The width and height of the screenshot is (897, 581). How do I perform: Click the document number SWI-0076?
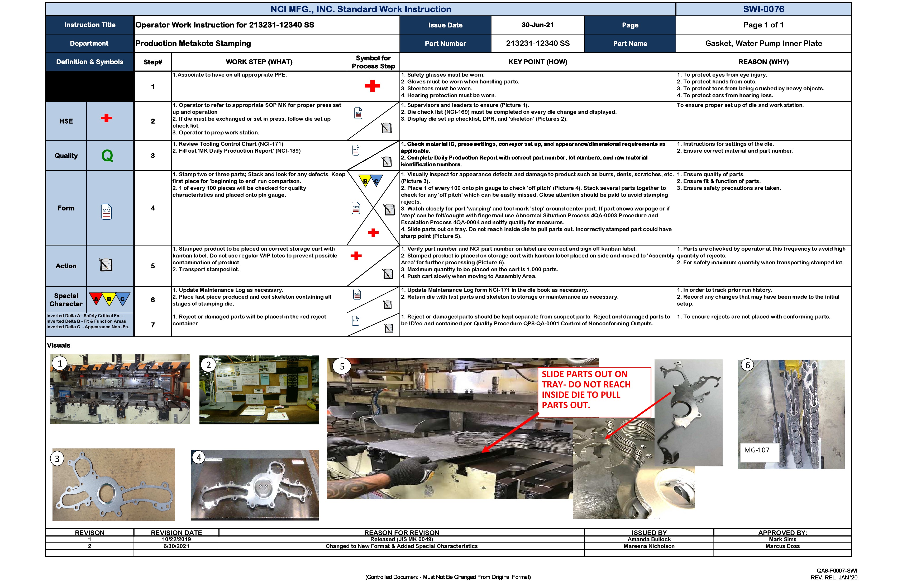click(x=763, y=9)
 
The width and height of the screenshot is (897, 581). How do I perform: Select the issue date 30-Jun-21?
click(x=537, y=25)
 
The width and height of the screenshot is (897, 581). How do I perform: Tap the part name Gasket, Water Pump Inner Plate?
click(x=763, y=43)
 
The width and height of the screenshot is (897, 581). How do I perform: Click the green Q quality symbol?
click(x=107, y=156)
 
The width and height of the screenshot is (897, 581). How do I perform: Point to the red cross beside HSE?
click(x=106, y=118)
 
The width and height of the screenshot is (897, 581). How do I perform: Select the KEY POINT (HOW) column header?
click(x=537, y=62)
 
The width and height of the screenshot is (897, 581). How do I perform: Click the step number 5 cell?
click(x=153, y=266)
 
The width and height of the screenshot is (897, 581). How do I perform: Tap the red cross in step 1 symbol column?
click(x=372, y=86)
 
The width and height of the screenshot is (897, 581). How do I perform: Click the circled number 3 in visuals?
click(x=57, y=459)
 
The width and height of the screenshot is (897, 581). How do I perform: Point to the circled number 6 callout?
click(x=748, y=365)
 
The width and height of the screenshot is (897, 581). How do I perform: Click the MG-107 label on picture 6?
click(x=757, y=450)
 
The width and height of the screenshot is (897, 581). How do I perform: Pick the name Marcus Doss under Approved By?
click(x=783, y=546)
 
